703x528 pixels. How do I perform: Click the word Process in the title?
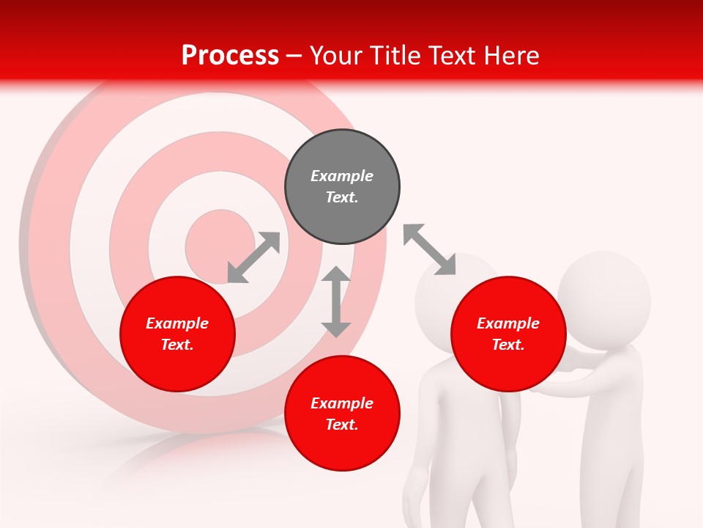230,56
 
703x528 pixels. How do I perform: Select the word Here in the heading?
510,56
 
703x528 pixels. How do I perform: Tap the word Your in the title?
338,56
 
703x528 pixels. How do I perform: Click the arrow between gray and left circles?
253,257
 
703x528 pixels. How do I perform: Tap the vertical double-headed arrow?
336,301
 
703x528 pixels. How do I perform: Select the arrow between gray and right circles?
429,249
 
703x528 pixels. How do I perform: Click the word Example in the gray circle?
342,176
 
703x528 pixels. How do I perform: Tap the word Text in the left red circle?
177,345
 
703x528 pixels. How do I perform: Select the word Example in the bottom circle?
342,403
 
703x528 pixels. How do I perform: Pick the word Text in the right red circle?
508,345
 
